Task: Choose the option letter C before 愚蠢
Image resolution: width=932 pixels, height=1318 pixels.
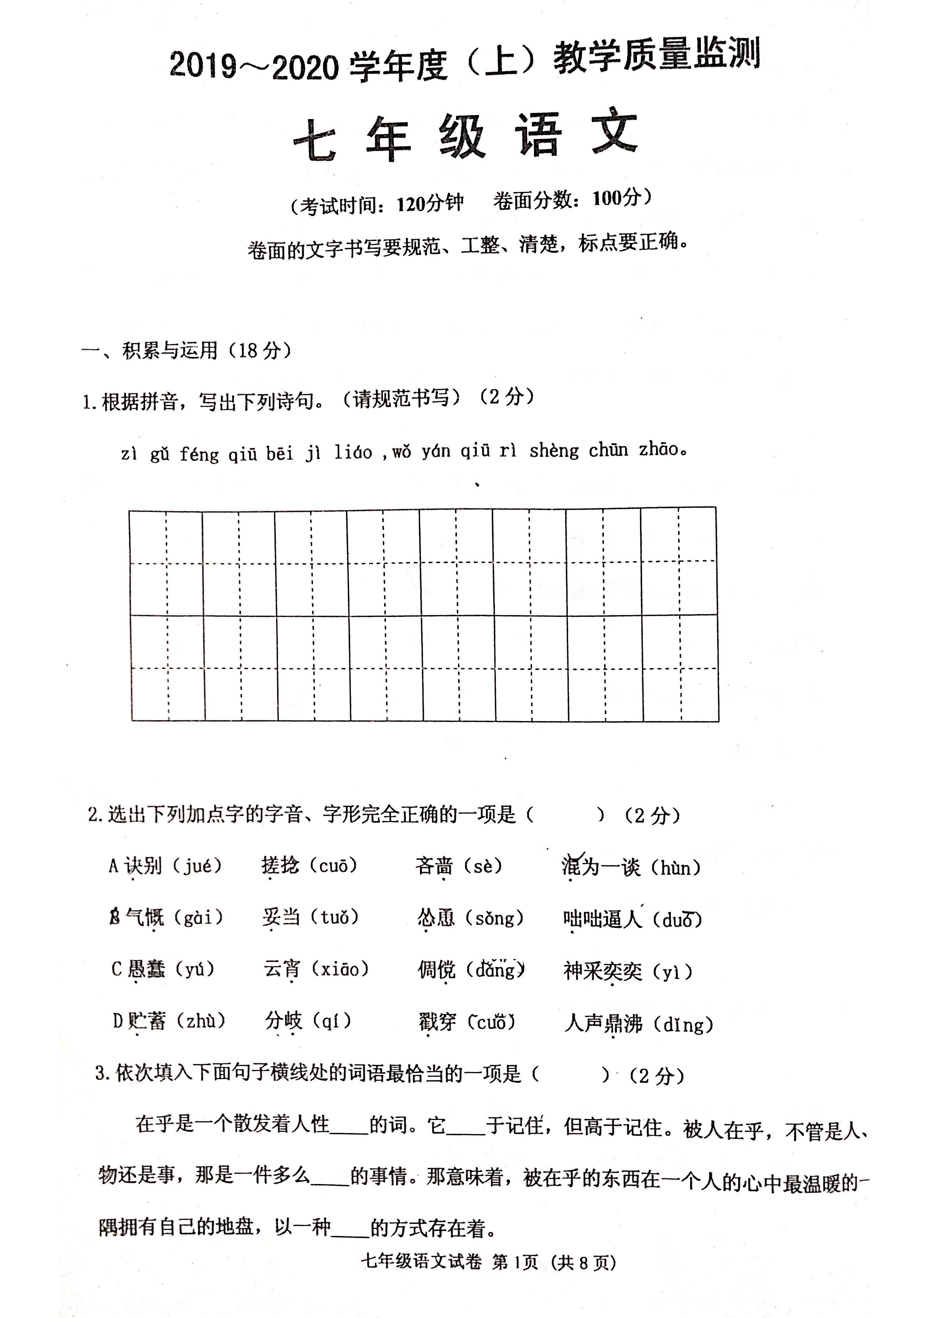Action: pyautogui.click(x=116, y=969)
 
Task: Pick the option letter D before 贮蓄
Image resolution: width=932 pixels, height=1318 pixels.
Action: pyautogui.click(x=118, y=1021)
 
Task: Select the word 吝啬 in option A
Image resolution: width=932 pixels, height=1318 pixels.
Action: pyautogui.click(x=434, y=866)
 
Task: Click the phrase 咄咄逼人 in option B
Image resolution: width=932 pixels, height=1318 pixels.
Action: pyautogui.click(x=602, y=919)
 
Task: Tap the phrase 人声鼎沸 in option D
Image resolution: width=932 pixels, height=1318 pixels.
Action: pyautogui.click(x=603, y=1023)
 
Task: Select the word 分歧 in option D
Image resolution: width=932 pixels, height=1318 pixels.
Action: pyautogui.click(x=283, y=1021)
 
